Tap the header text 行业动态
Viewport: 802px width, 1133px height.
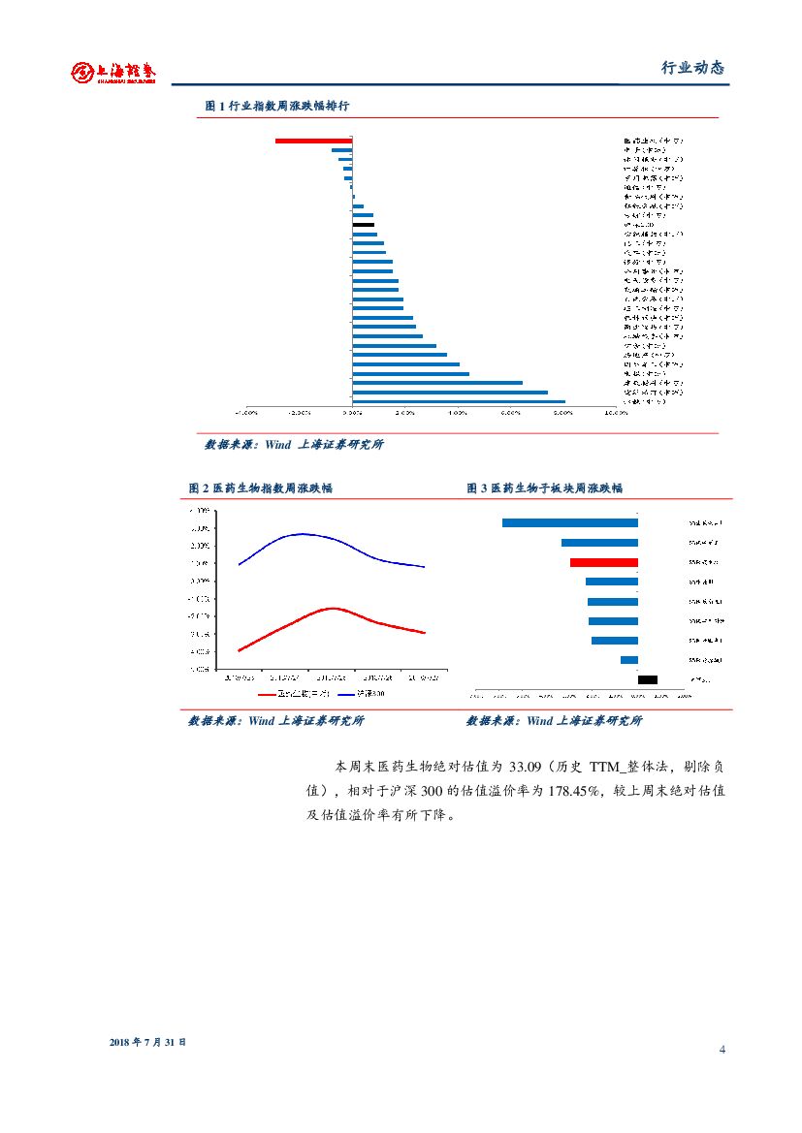coord(692,68)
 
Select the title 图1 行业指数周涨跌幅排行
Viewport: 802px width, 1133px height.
coord(284,106)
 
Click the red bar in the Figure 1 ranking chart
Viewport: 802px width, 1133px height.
coord(313,141)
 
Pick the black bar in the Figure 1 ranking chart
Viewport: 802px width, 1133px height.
coord(363,224)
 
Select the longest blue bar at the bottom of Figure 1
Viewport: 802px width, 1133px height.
coord(458,401)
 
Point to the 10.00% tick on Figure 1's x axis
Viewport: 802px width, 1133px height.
coord(615,412)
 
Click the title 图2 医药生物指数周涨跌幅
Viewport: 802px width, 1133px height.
coord(260,488)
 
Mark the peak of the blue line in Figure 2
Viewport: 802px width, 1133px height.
coord(303,534)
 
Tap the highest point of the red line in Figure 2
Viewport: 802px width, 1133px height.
coord(333,609)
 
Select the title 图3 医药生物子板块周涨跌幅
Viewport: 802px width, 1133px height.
coord(544,488)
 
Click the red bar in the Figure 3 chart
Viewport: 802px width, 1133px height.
coord(603,562)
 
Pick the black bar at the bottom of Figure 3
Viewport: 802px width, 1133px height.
coord(647,679)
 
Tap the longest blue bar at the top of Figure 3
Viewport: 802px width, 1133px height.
coord(569,523)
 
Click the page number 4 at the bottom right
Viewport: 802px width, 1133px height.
coord(722,1051)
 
